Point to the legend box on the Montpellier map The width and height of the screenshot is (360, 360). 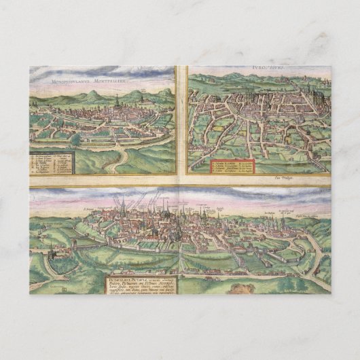click(x=50, y=162)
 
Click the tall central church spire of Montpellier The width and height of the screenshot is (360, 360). click(x=116, y=101)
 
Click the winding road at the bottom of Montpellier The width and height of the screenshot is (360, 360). click(x=122, y=160)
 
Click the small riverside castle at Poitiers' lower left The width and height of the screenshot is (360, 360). click(x=51, y=253)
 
